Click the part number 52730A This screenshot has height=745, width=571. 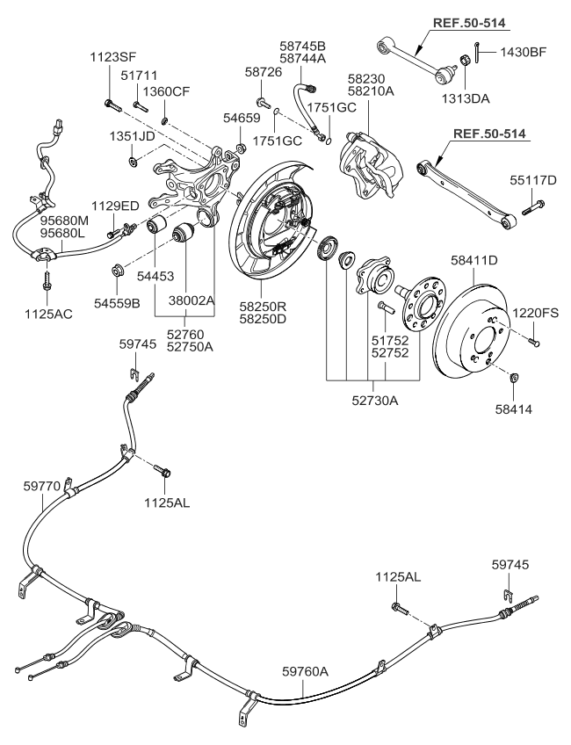pyautogui.click(x=376, y=401)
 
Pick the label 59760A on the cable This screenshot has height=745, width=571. pyautogui.click(x=305, y=672)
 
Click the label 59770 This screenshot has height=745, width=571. pyautogui.click(x=42, y=484)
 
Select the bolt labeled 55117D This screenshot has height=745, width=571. pyautogui.click(x=534, y=208)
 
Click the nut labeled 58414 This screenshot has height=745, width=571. pyautogui.click(x=513, y=379)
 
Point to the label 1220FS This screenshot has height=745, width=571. pyautogui.click(x=536, y=311)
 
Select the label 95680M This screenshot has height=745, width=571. pyautogui.click(x=65, y=221)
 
